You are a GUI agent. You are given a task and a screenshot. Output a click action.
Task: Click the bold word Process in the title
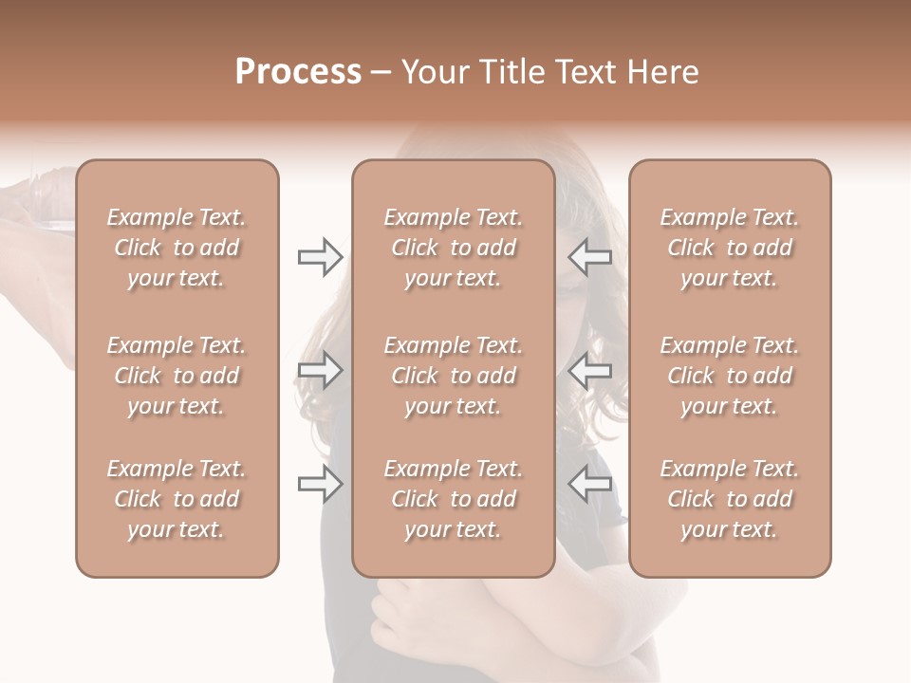coord(298,72)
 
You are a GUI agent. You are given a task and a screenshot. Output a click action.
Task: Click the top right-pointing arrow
coord(321,257)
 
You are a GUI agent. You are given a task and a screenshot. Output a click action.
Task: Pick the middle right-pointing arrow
coord(321,371)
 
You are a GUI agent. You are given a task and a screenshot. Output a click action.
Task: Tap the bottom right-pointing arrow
coord(321,485)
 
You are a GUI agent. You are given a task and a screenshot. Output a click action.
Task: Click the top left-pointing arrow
coord(589,257)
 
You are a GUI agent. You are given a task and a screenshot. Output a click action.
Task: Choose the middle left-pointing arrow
coord(589,371)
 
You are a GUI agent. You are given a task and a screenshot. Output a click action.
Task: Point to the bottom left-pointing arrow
coord(589,485)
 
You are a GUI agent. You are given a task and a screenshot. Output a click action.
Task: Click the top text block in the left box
coord(177,248)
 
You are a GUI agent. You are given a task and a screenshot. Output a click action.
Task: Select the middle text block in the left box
coord(177,376)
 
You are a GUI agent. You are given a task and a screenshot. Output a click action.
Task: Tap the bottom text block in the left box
coord(177,499)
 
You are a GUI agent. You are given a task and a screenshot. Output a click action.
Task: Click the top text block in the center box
coord(454,248)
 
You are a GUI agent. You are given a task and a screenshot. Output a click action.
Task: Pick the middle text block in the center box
coord(454,376)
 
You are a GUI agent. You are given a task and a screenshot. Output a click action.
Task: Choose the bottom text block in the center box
coord(454,499)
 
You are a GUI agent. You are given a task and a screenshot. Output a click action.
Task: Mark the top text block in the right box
coord(730,248)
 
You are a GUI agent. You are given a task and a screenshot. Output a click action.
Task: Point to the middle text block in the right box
coord(730,376)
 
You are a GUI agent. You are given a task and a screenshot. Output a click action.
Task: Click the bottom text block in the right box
coord(730,499)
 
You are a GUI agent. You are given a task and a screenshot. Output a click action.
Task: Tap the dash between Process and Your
coord(381,73)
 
